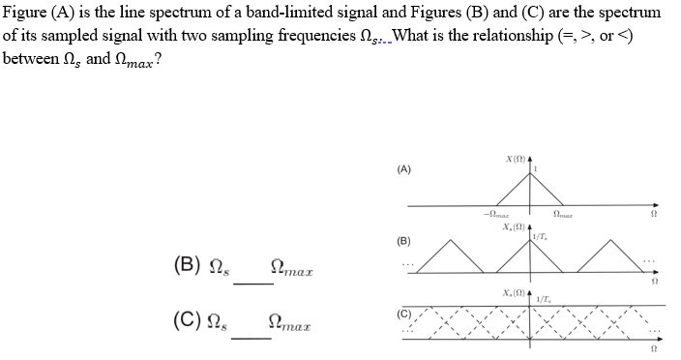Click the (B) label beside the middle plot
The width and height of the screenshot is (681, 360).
tap(402, 239)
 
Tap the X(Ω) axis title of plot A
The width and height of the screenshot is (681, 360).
tap(514, 159)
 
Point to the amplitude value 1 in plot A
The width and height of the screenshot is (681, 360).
tap(535, 168)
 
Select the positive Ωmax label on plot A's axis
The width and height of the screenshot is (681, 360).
tap(563, 215)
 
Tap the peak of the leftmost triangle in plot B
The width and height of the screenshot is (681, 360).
tap(457, 238)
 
